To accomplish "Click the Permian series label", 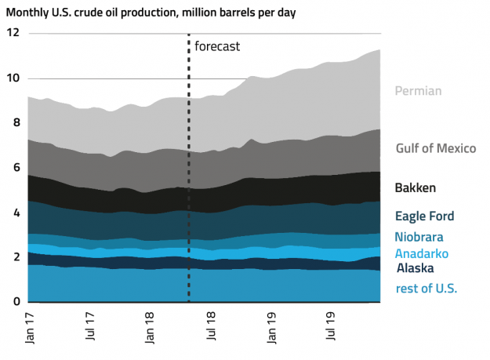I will (x=418, y=91).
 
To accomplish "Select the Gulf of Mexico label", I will (x=436, y=149).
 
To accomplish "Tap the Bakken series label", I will (x=415, y=188).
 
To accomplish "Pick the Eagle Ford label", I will (x=424, y=216).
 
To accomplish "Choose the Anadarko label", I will (x=423, y=253).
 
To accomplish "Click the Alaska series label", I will (x=415, y=268).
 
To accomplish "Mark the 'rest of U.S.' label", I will (x=426, y=288).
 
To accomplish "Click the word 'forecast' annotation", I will (x=216, y=46).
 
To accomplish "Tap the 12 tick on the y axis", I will (x=13, y=34).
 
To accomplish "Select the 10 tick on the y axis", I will (x=13, y=78).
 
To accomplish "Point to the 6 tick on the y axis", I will (x=16, y=168).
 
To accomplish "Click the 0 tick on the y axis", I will (x=16, y=302).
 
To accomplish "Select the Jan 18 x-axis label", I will (x=150, y=329).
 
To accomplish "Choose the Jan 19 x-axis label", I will (x=271, y=329).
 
